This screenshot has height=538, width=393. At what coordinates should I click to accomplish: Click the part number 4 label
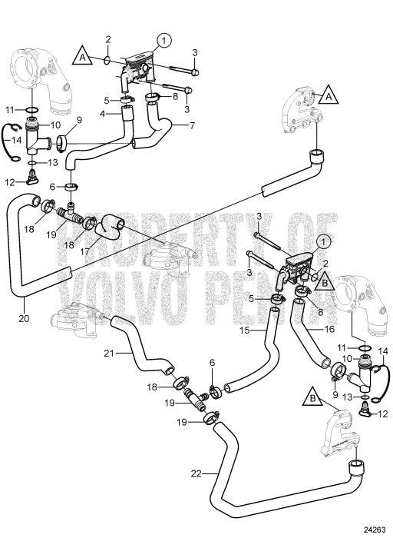(x=102, y=114)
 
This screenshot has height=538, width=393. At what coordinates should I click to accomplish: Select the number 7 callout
(x=192, y=126)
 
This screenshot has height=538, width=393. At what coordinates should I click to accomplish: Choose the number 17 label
(x=84, y=251)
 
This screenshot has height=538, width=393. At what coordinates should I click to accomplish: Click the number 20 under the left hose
(x=24, y=318)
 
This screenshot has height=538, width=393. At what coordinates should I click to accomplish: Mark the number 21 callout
(x=109, y=353)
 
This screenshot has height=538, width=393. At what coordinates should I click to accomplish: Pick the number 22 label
(x=196, y=473)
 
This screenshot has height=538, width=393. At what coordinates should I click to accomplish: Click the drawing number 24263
(x=378, y=532)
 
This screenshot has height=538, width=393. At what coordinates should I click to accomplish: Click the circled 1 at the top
(x=163, y=41)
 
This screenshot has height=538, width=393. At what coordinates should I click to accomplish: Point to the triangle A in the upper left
(x=82, y=57)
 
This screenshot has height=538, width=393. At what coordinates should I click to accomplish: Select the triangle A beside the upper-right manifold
(x=329, y=95)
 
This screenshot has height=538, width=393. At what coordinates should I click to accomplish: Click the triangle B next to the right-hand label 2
(x=324, y=282)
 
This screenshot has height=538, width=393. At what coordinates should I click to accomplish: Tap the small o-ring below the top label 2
(x=107, y=61)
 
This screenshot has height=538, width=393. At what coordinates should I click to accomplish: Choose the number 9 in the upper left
(x=79, y=120)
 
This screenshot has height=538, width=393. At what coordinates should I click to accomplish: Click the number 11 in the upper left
(x=10, y=110)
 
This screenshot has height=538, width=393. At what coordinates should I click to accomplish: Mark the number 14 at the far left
(x=15, y=140)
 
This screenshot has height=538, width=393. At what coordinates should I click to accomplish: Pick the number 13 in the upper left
(x=52, y=162)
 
